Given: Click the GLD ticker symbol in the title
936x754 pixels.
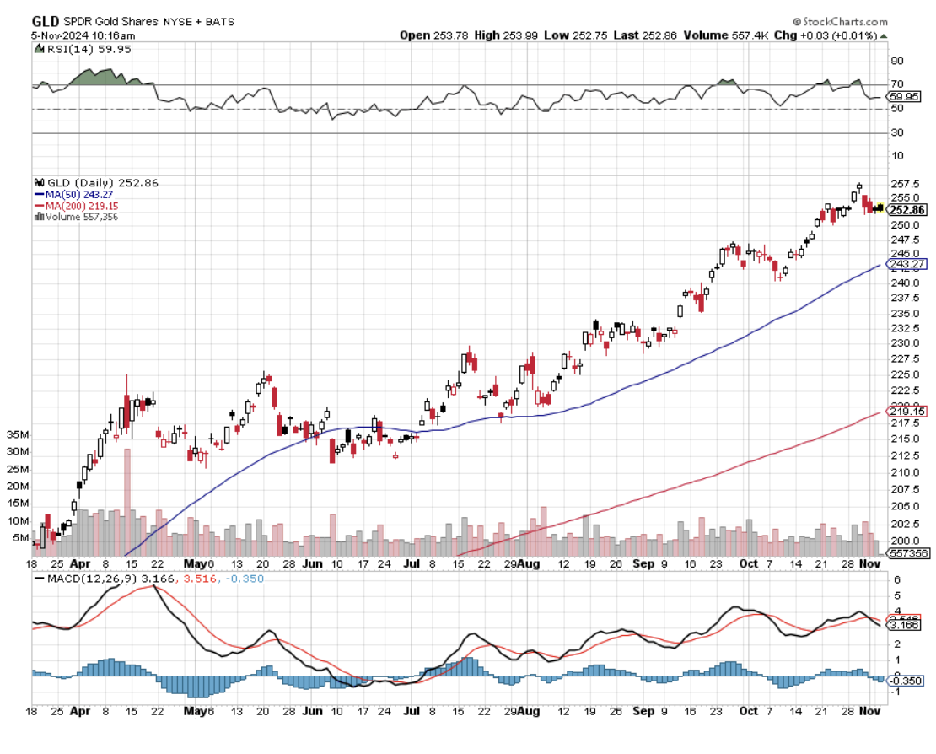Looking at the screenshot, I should click(x=46, y=21).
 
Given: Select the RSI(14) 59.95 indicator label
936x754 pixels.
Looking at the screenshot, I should click(x=76, y=50).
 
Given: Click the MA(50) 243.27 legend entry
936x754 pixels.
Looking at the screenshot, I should click(x=75, y=194).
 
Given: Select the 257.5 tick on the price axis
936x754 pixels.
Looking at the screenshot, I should click(x=904, y=184).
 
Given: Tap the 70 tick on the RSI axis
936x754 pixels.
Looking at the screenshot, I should click(x=897, y=84).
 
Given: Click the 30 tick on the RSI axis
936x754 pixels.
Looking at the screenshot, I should click(x=897, y=132).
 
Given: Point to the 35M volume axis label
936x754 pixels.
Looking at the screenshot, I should click(x=18, y=435).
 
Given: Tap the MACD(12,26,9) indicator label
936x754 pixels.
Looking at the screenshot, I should click(x=83, y=578).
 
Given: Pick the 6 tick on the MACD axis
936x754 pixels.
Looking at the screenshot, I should click(x=897, y=579).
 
